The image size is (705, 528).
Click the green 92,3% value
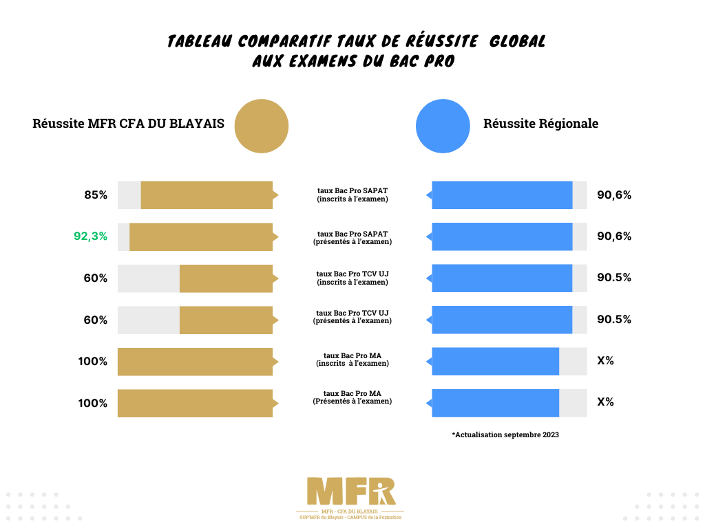pos(90,236)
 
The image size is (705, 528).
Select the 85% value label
pos(96,195)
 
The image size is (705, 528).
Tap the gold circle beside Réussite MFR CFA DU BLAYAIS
pos(262,126)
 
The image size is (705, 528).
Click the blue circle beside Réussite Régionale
pos(443,126)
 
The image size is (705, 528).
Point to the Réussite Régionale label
pos(540,124)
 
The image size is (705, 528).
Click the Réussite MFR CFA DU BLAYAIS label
pos(128,124)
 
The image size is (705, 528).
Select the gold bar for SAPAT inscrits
pos(207,195)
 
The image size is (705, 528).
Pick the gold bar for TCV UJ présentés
pos(226,320)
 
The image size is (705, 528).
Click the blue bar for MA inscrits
pos(495,362)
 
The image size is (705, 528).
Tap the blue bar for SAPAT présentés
pos(502,236)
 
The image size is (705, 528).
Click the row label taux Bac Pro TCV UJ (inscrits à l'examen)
pos(352,278)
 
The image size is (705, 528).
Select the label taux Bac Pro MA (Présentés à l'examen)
pos(352,397)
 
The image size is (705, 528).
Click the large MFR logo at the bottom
pos(351,492)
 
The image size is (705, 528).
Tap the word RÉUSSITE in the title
pos(443,41)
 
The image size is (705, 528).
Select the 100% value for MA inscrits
pos(92,362)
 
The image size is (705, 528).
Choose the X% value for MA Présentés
pos(605,402)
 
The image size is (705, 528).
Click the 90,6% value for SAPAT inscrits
pos(614,195)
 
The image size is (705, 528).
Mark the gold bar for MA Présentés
pos(195,404)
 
